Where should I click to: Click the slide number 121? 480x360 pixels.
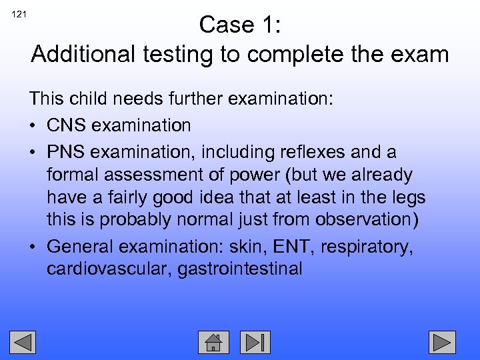coord(19,13)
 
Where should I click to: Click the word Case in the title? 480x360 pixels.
coord(223,25)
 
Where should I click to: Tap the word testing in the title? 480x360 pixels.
coord(186,54)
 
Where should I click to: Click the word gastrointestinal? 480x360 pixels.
coord(240,269)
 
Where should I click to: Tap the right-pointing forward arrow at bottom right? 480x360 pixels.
coord(441,342)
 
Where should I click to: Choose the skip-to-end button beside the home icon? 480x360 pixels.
coord(255,342)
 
